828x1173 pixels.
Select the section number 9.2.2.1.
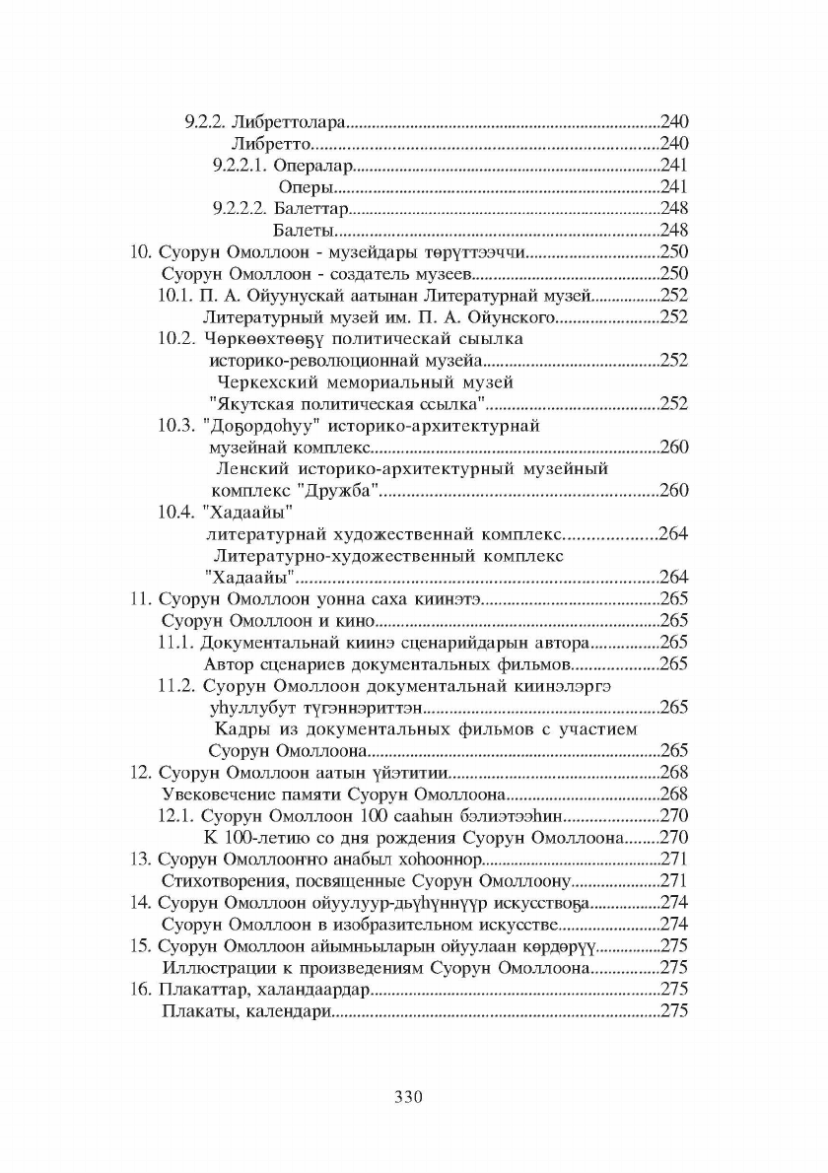pyautogui.click(x=240, y=166)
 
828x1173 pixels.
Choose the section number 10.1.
pyautogui.click(x=175, y=295)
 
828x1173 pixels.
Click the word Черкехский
pyautogui.click(x=260, y=381)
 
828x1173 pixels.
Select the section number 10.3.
pyautogui.click(x=175, y=426)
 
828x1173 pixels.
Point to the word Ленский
pyautogui.click(x=252, y=468)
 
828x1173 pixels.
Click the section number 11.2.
pyautogui.click(x=175, y=685)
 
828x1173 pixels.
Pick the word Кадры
pyautogui.click(x=240, y=728)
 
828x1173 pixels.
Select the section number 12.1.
pyautogui.click(x=175, y=815)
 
